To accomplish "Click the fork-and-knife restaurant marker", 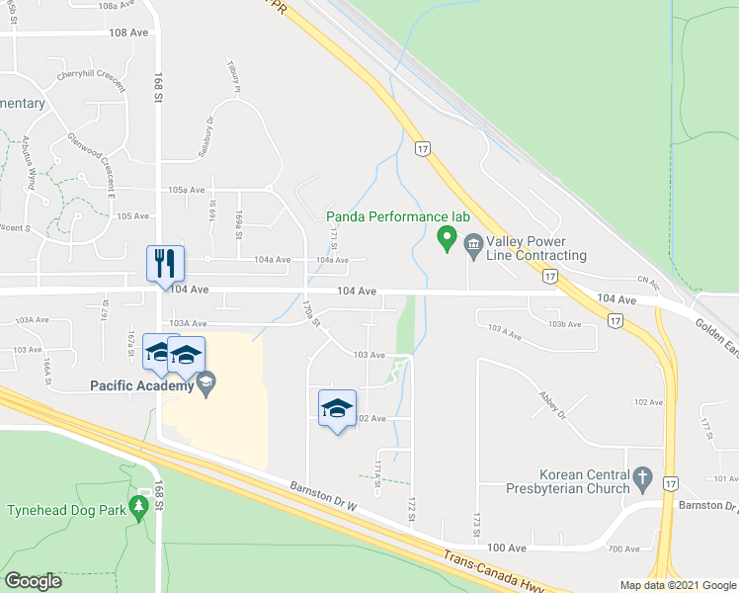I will click(163, 264).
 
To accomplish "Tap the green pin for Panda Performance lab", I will click(447, 237).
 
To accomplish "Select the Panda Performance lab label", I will click(397, 216).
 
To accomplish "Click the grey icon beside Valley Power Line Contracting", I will click(472, 243).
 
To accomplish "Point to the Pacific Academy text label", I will click(140, 385).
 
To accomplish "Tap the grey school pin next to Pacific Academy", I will click(206, 383).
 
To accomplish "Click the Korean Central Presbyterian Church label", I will click(584, 481).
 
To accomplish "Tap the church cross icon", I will click(643, 479).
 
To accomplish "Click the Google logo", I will click(33, 580).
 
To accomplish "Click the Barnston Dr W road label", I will click(323, 490).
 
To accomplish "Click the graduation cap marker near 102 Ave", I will click(337, 408).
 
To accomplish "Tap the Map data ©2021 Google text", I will click(677, 585).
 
